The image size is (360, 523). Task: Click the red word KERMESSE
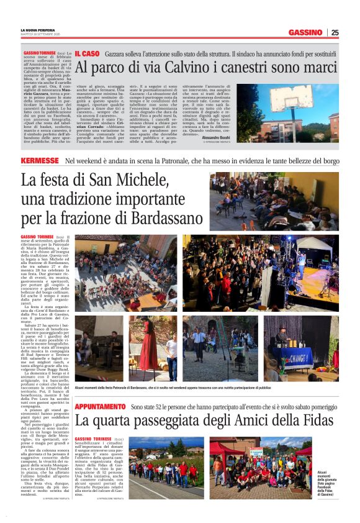pos(40,161)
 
